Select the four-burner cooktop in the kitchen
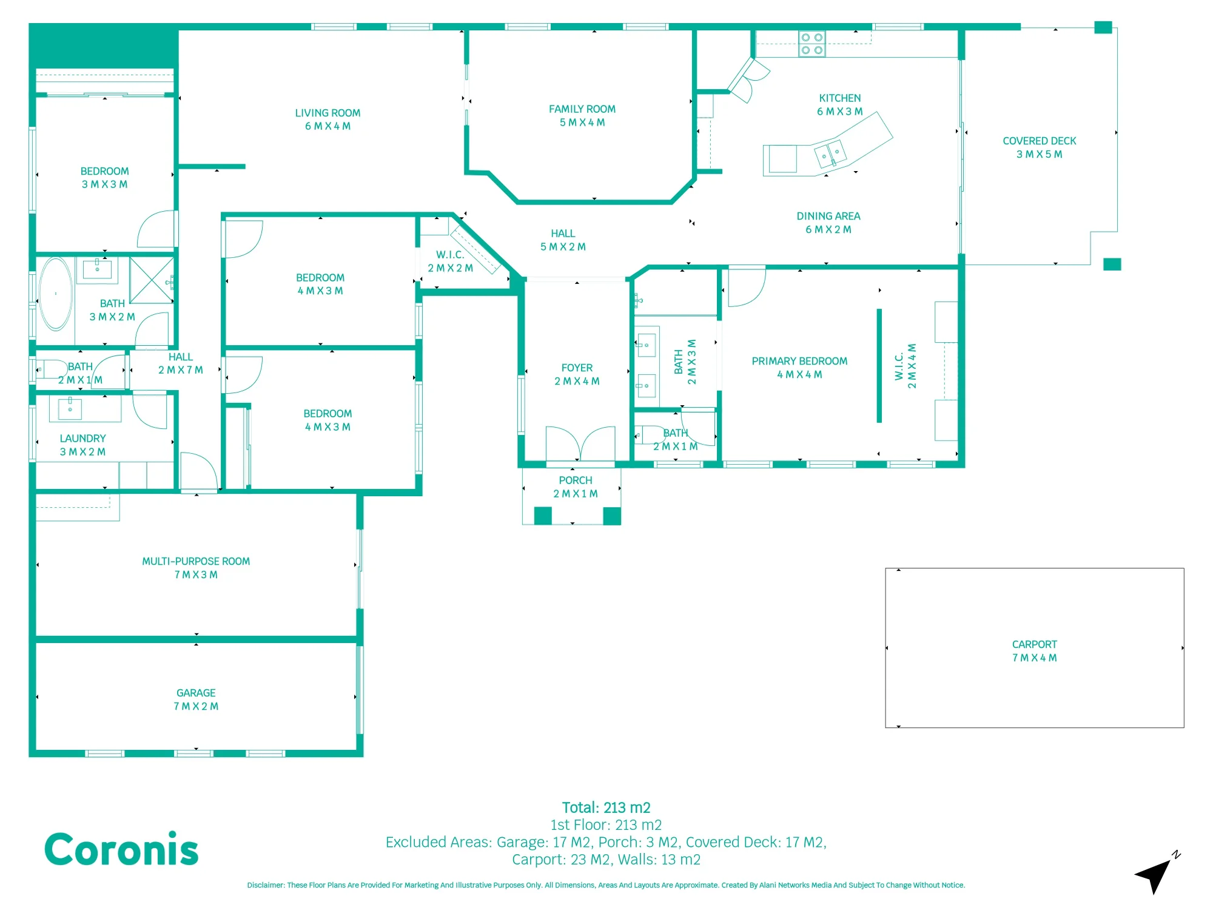tap(811, 44)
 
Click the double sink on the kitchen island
tap(830, 153)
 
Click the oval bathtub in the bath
tap(56, 294)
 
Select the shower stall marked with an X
tap(152, 280)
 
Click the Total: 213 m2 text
tap(606, 807)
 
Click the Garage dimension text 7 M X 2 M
tap(196, 706)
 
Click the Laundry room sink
tap(70, 408)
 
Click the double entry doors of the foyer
tap(580, 443)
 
